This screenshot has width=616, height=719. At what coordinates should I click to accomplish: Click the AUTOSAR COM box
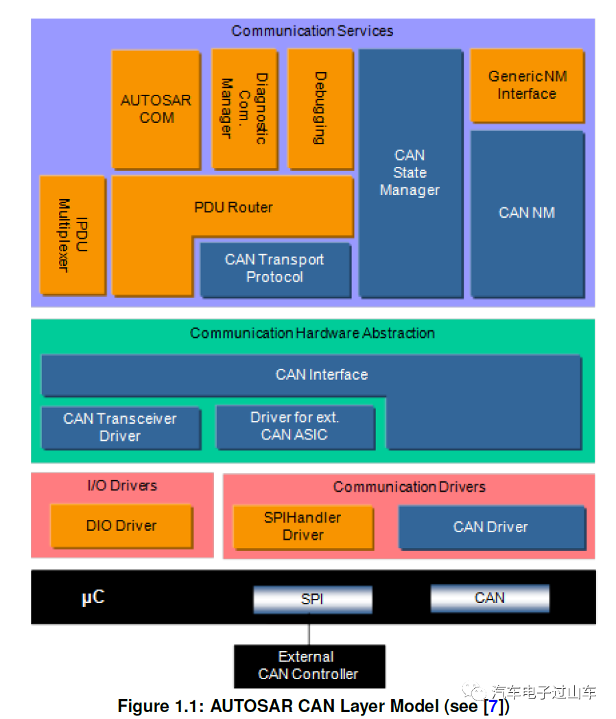point(156,109)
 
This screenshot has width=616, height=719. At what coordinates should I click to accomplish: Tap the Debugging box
point(320,109)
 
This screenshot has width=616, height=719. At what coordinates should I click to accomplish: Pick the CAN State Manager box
point(410,173)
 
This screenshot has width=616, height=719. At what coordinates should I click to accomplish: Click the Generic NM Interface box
point(527,85)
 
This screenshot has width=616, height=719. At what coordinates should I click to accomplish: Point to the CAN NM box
point(527,213)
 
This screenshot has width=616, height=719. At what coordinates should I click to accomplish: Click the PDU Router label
point(233,207)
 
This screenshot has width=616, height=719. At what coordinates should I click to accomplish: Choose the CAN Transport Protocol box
point(274,269)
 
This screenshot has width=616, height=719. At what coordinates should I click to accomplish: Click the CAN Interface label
point(322,375)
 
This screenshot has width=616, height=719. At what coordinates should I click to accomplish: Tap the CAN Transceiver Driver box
point(121,427)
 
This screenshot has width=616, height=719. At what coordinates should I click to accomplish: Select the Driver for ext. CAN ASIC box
point(295,426)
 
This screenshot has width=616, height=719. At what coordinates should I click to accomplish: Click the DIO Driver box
point(121,526)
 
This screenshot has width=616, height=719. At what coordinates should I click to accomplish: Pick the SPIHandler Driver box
point(303,527)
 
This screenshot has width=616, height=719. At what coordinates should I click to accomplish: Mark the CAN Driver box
point(491,527)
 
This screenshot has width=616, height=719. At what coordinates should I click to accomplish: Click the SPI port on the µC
point(312,599)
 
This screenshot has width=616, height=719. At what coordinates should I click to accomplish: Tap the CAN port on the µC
point(490,598)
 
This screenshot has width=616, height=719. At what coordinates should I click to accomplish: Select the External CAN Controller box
point(309,665)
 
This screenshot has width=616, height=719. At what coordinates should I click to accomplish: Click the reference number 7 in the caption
point(493,706)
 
